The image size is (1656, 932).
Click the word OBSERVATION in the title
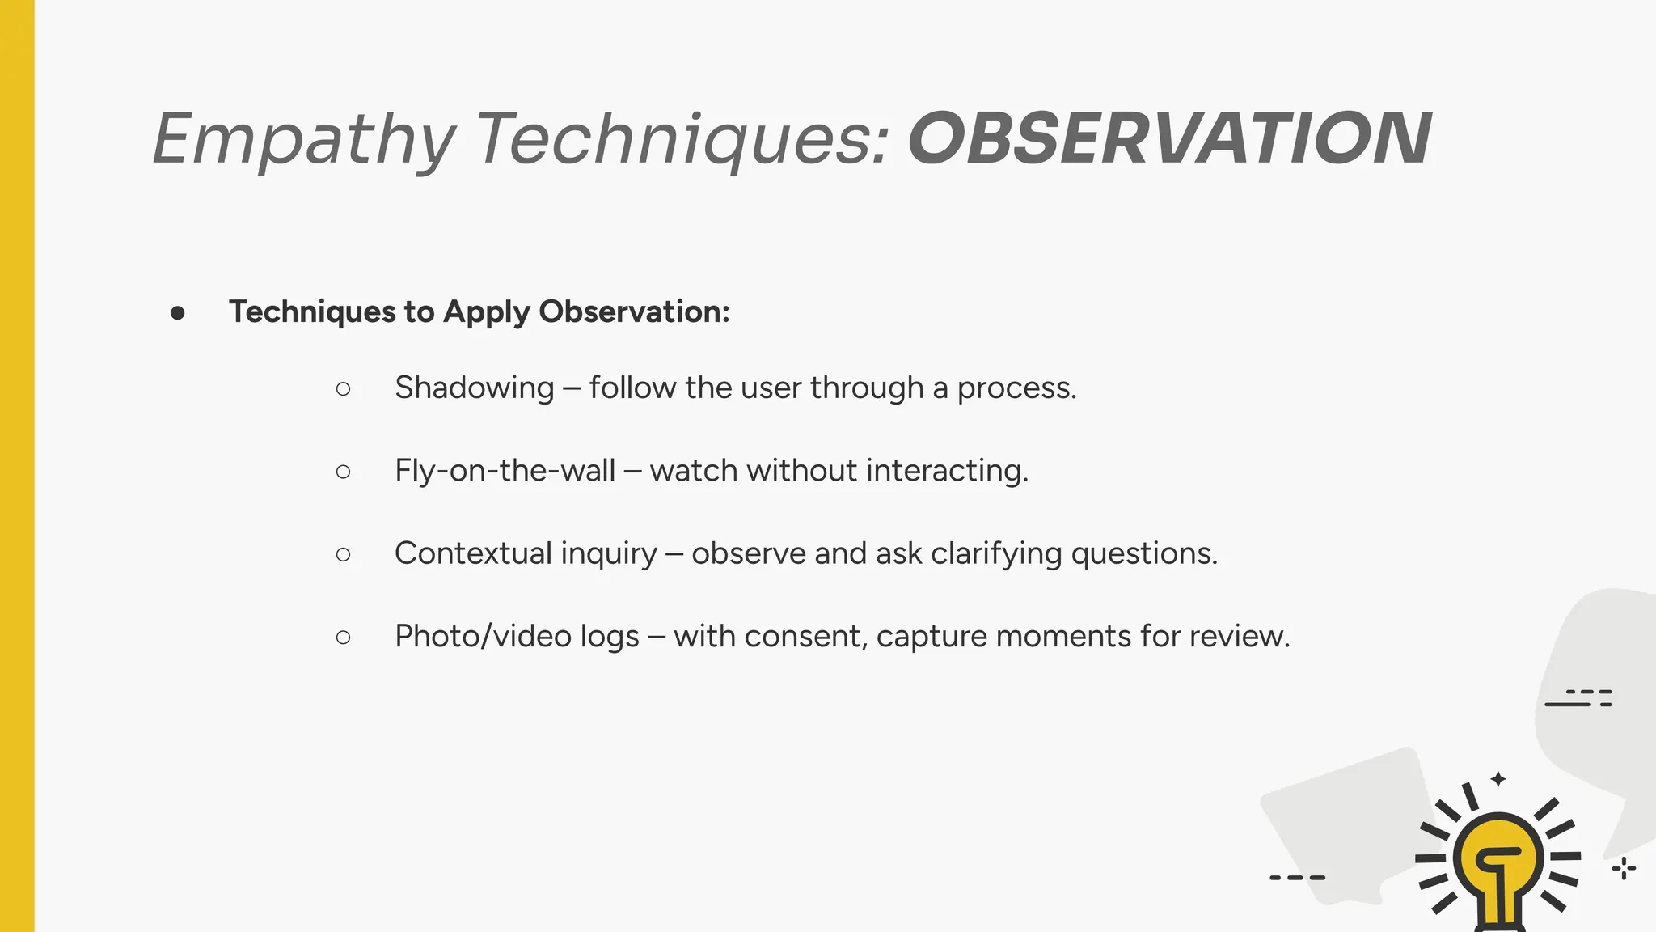click(x=1169, y=138)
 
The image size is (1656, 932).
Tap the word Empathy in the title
click(x=303, y=140)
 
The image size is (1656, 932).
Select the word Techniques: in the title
click(x=682, y=140)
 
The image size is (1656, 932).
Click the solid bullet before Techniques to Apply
click(x=178, y=313)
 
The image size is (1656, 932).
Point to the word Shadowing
click(x=474, y=388)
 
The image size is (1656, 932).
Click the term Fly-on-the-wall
click(x=505, y=471)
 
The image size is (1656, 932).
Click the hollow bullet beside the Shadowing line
click(x=343, y=389)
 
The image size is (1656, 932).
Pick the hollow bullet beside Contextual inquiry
click(x=343, y=554)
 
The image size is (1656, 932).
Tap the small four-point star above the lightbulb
click(x=1498, y=779)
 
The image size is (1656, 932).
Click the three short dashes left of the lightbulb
click(x=1297, y=878)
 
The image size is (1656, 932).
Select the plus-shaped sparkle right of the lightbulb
click(x=1623, y=869)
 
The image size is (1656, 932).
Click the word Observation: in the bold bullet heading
click(x=634, y=311)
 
